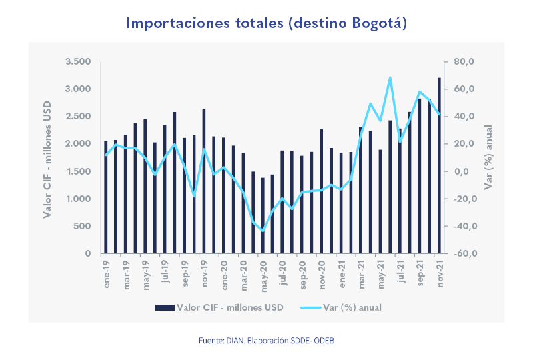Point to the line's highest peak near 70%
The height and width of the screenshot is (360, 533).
click(x=390, y=77)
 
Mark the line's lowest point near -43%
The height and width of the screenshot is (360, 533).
click(x=263, y=231)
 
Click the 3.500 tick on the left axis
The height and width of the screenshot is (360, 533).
click(x=78, y=61)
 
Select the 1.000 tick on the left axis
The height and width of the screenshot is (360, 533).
click(x=78, y=199)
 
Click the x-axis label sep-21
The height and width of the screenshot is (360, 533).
click(x=419, y=273)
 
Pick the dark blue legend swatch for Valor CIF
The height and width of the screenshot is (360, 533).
click(x=165, y=307)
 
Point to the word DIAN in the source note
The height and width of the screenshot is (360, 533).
click(x=232, y=341)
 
